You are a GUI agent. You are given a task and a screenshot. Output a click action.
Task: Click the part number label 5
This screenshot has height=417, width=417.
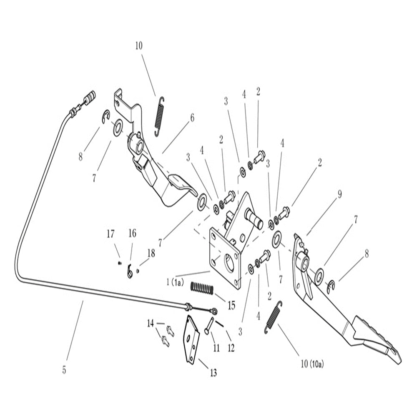(64, 370)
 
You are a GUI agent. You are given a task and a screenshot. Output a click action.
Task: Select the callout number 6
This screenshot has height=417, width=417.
(192, 118)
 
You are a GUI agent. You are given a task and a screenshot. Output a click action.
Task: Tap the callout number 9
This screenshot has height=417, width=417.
(339, 194)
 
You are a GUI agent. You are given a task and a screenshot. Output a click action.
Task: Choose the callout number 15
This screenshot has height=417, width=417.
(231, 305)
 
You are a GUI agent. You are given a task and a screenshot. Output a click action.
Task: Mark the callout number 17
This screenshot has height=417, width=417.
(110, 234)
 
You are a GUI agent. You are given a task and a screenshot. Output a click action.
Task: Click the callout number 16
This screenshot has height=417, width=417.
(132, 234)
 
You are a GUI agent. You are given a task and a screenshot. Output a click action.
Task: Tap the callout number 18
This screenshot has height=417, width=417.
(151, 254)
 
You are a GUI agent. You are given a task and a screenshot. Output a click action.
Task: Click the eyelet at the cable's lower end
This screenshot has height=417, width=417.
(214, 311)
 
